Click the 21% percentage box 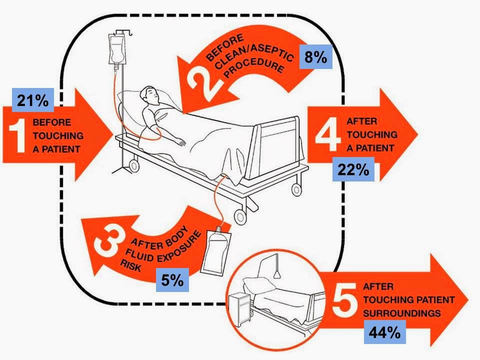(x=32, y=100)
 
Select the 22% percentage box (x=353, y=170)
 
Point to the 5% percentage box (x=172, y=280)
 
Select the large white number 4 (x=329, y=134)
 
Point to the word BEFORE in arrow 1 (x=52, y=121)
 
